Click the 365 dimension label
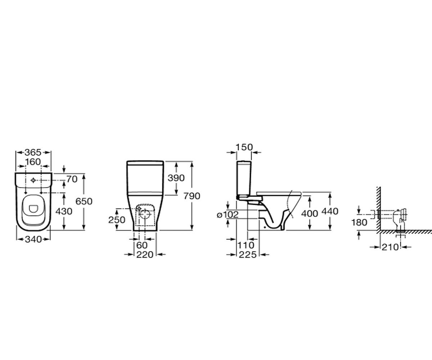[x=33, y=153]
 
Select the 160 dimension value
[x=33, y=162]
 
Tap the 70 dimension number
[x=72, y=179]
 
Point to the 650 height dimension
[x=84, y=201]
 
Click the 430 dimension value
[x=64, y=211]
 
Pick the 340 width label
[x=33, y=239]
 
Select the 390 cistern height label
[x=176, y=178]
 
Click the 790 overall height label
[x=192, y=196]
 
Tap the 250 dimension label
[x=117, y=220]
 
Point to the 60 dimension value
[x=142, y=245]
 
